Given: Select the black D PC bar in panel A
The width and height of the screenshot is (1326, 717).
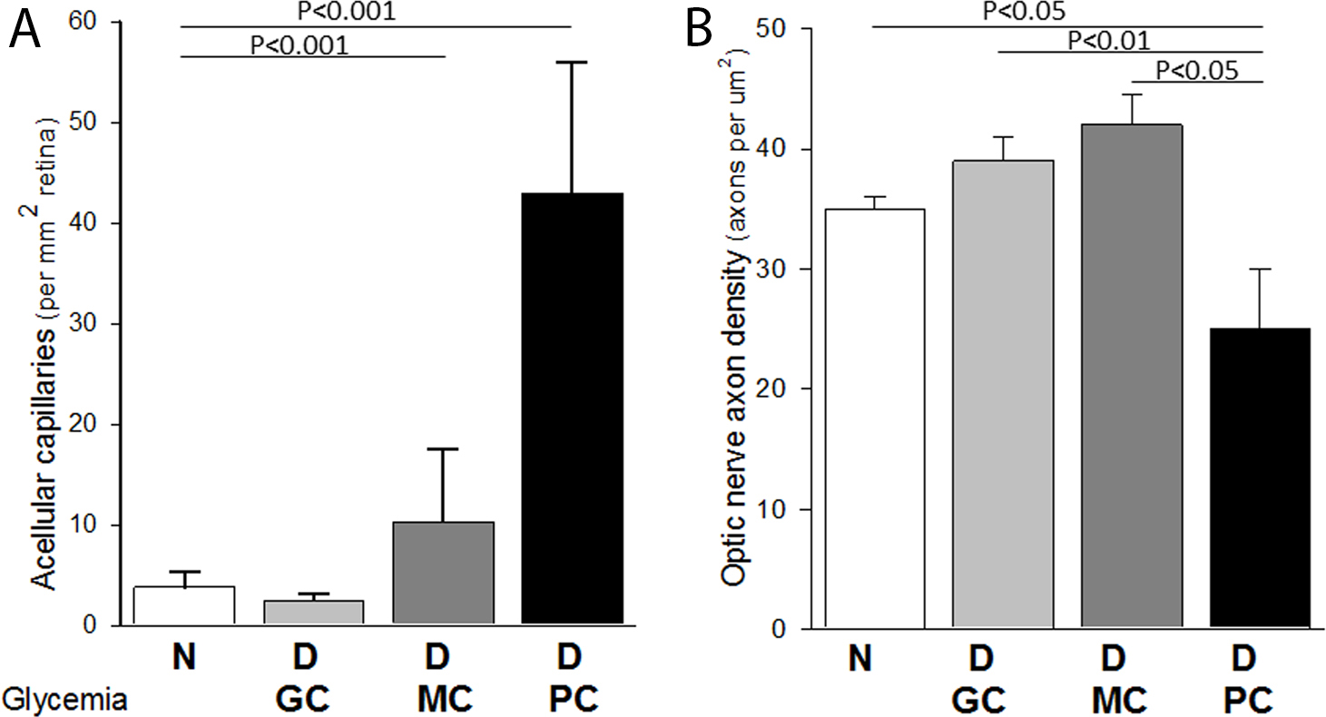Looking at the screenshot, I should coord(572,408).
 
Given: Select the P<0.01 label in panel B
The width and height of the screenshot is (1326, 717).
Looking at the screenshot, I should coord(1108,40).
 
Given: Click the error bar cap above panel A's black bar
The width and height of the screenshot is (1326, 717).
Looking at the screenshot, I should coord(572,62).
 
